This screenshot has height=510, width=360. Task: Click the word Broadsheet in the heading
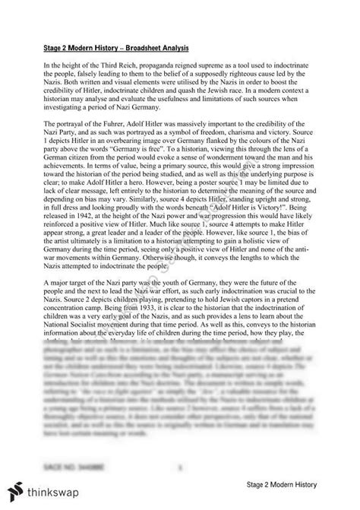pyautogui.click(x=141, y=53)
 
